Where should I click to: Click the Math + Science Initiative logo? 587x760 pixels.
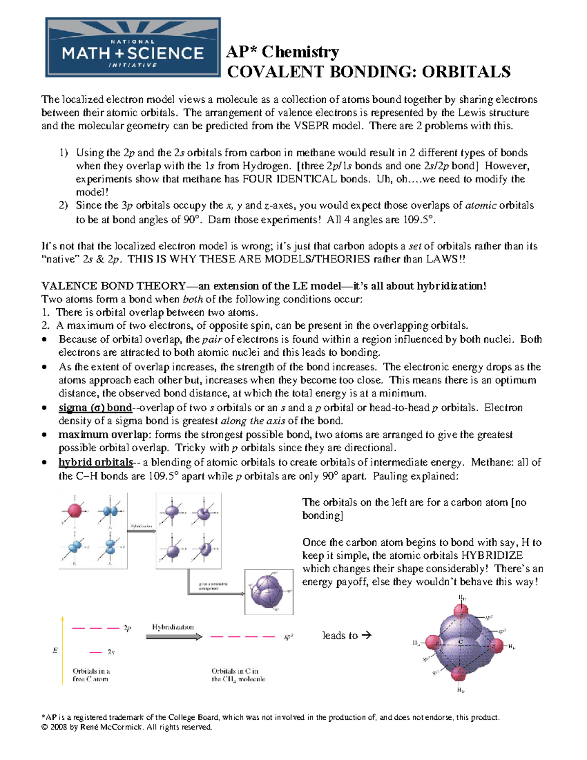point(133,47)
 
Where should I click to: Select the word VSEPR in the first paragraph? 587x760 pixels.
point(312,126)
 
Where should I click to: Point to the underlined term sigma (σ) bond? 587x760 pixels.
point(95,408)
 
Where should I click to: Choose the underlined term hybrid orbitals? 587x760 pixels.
point(95,462)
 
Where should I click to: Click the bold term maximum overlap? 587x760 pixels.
point(103,435)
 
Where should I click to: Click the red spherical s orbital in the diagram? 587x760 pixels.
point(74,510)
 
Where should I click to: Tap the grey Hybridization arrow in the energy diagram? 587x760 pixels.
point(174,637)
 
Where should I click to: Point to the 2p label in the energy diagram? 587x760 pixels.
point(127,628)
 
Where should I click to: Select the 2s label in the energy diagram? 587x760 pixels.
point(111,652)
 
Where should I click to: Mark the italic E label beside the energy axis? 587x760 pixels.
point(55,650)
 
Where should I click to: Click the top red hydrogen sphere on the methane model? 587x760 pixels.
point(461,611)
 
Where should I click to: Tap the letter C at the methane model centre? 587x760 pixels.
point(460,642)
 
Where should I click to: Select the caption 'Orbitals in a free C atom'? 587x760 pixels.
point(91,675)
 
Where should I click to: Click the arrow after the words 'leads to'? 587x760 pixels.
point(366,635)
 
